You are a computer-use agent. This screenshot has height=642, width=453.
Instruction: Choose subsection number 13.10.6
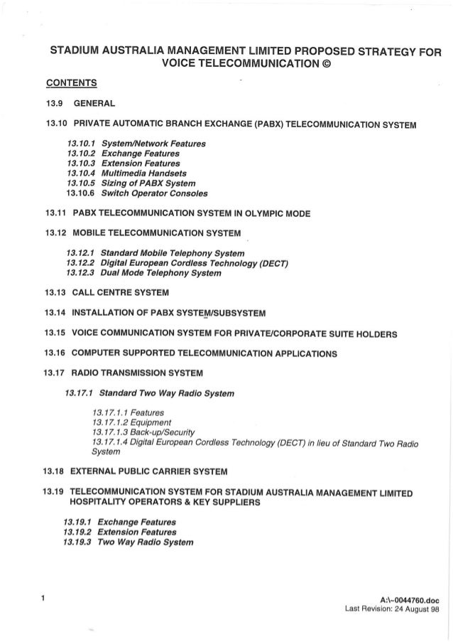point(80,193)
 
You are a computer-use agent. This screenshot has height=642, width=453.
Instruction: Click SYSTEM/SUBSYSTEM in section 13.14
point(224,313)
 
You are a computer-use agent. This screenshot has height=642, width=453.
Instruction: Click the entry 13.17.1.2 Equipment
point(128,423)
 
